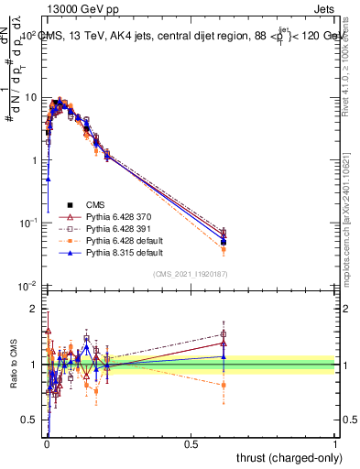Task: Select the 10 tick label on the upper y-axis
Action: [31, 97]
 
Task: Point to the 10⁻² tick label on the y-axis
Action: [27, 285]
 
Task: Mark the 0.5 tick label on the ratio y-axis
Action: [30, 420]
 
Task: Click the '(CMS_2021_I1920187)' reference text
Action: [190, 274]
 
